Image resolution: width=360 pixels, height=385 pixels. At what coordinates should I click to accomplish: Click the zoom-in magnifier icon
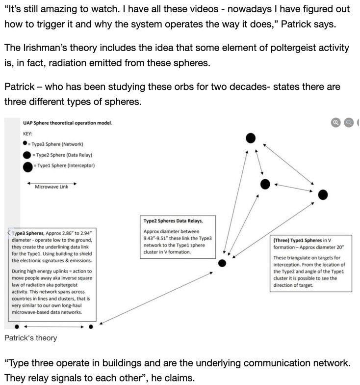coord(336,123)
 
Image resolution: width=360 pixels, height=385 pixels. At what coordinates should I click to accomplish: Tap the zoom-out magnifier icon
coord(349,123)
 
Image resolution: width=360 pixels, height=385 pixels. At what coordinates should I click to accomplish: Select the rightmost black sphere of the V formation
coord(323,195)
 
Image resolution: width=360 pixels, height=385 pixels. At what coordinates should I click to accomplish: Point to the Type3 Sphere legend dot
coord(25,144)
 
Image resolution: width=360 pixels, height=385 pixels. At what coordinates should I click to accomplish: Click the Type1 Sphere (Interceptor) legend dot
coord(28,166)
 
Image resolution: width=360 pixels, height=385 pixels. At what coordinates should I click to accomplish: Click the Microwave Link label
coord(51,187)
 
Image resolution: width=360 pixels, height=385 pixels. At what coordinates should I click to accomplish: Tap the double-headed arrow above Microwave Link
coord(51,181)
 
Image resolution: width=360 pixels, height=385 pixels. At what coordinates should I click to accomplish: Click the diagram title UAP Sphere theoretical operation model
coord(68,122)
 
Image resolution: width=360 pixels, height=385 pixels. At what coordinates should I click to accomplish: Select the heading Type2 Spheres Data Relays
coord(173,221)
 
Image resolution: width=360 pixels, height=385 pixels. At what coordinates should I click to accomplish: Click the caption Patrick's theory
coord(30,338)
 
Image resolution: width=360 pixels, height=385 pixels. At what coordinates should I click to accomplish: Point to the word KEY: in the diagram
coord(28,133)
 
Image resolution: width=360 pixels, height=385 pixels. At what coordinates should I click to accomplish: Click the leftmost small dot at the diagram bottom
coord(17,326)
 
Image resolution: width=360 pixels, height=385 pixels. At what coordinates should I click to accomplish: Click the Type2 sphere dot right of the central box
coord(222,263)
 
